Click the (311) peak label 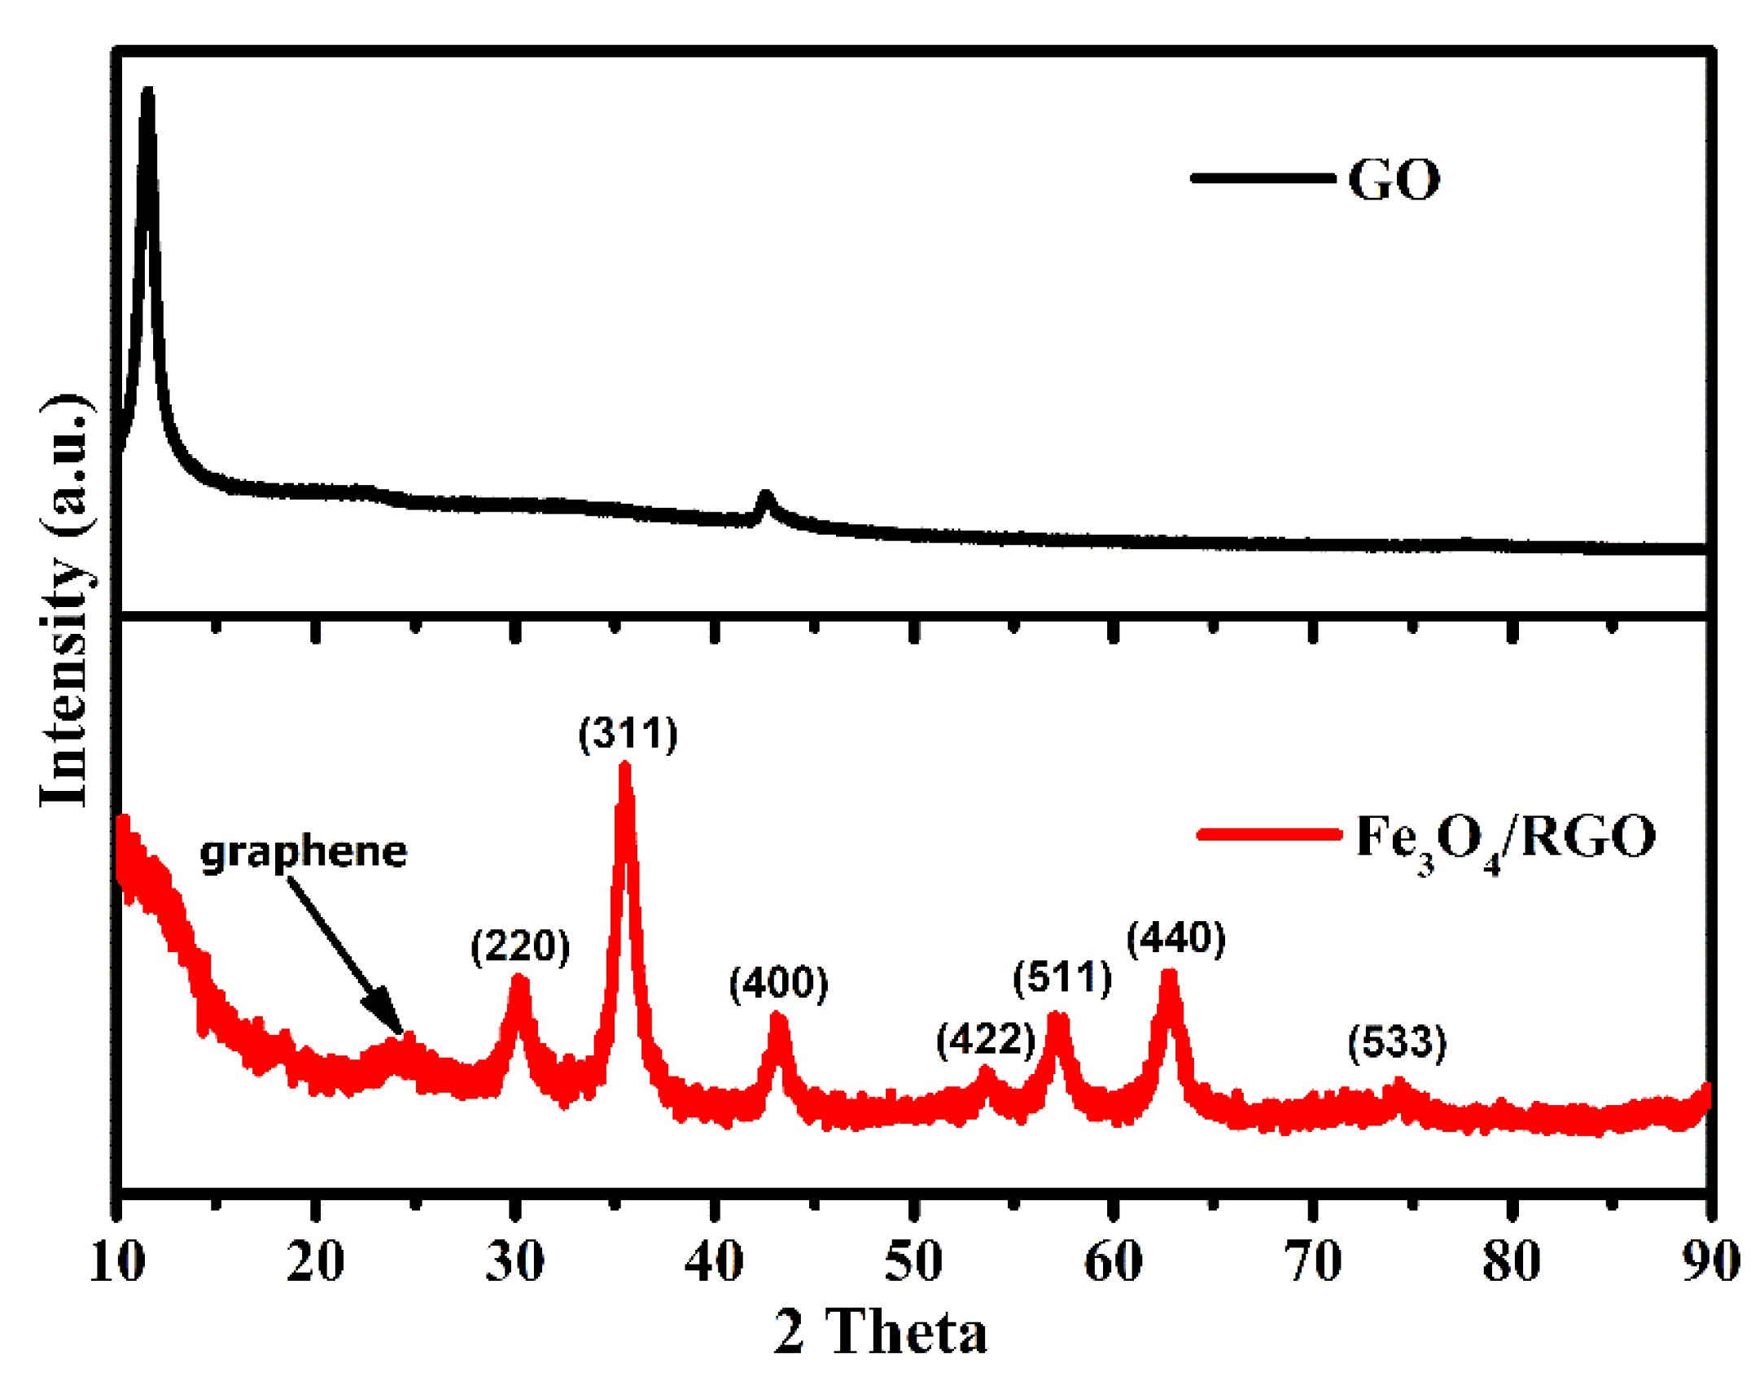(x=628, y=734)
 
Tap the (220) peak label (x=520, y=946)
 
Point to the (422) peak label (x=985, y=1039)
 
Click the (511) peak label (x=1061, y=976)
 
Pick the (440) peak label (x=1175, y=938)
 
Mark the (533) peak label (x=1397, y=1042)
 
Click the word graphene (x=303, y=853)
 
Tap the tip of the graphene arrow (x=401, y=1033)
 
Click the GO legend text (x=1394, y=180)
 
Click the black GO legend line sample (x=1263, y=177)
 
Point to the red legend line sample (x=1269, y=834)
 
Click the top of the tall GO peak (x=147, y=91)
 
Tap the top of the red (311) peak (x=624, y=766)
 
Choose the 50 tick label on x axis (x=913, y=1262)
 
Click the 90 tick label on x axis (x=1710, y=1262)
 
